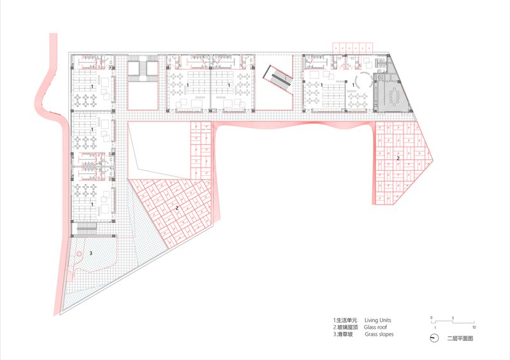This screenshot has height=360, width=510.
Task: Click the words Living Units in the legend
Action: click(x=377, y=320)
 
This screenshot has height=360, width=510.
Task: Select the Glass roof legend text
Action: click(x=375, y=327)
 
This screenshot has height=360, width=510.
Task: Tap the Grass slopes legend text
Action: click(x=379, y=334)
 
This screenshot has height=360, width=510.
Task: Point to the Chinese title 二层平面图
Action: click(x=460, y=338)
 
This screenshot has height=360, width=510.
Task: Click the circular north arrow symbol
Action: click(x=433, y=338)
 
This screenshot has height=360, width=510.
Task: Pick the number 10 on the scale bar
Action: click(x=474, y=327)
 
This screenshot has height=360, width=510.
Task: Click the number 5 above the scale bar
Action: click(x=453, y=318)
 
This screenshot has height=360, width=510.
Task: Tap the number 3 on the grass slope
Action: click(x=91, y=253)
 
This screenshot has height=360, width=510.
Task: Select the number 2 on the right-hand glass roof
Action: click(x=398, y=159)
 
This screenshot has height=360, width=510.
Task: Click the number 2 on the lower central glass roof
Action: click(x=177, y=208)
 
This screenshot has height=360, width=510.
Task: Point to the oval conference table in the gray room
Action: click(x=395, y=96)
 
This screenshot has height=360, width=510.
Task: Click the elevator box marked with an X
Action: click(x=380, y=77)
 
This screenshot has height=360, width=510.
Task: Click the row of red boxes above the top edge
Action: click(x=353, y=47)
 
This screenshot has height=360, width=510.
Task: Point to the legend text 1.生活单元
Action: click(x=345, y=320)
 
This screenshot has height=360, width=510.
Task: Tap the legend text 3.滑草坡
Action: click(x=343, y=334)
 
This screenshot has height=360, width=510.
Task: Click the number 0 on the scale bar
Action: click(x=432, y=318)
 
